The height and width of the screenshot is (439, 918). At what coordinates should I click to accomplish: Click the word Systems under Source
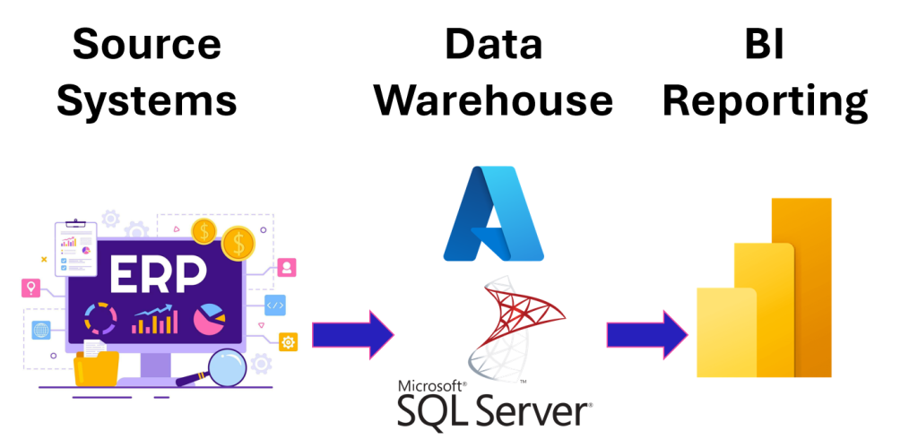[x=146, y=100]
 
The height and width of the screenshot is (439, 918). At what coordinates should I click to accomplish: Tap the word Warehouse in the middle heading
[x=493, y=100]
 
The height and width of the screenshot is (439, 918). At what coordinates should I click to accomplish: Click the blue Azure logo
[x=493, y=213]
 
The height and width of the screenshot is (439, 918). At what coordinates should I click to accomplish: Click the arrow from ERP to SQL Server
[x=352, y=334]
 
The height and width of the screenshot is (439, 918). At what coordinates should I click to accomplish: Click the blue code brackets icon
[x=275, y=305]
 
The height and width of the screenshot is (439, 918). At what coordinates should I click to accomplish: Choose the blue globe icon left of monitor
[x=41, y=330]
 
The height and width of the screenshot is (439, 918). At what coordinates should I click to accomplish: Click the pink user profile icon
[x=287, y=267]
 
